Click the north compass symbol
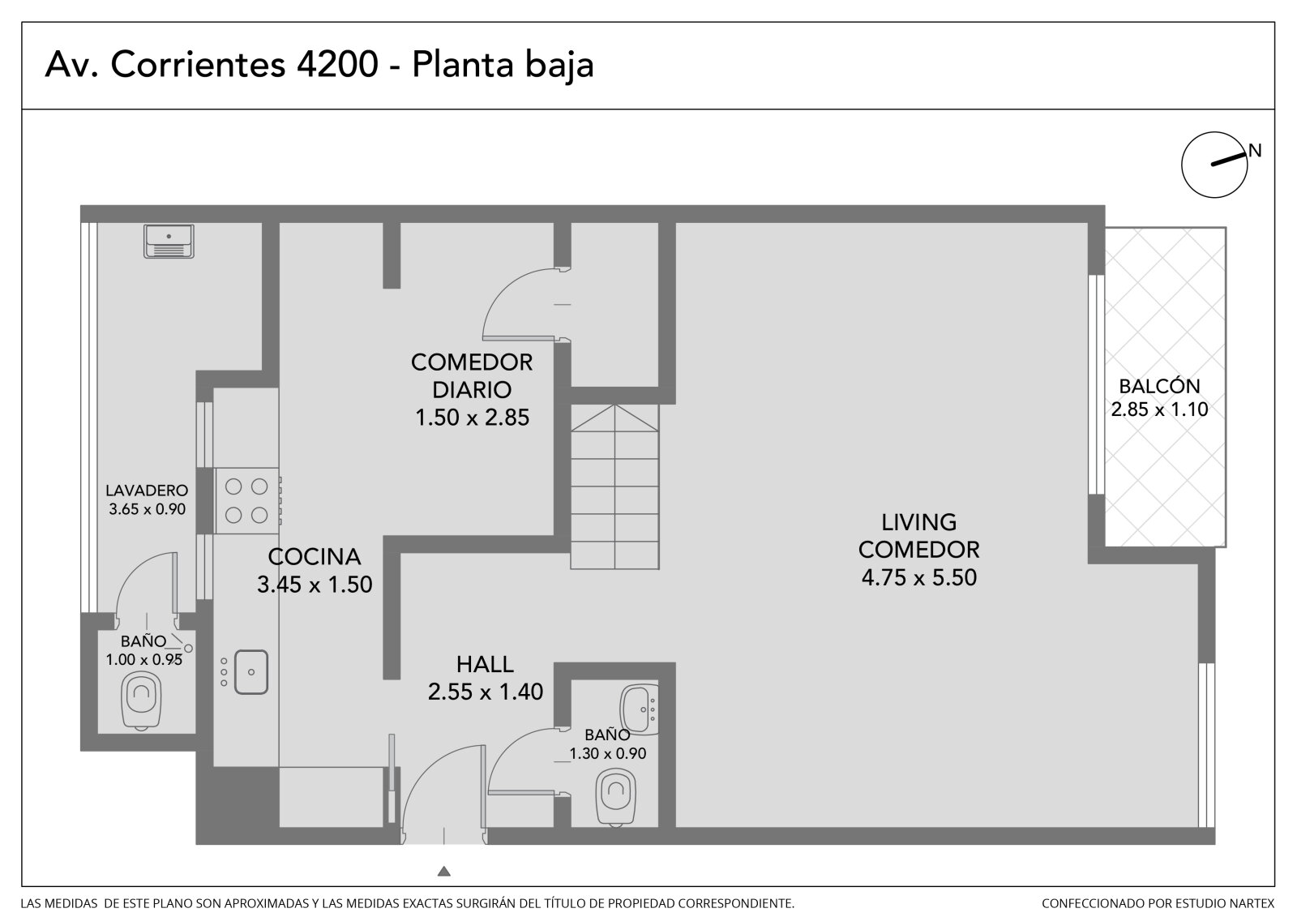coord(1214,165)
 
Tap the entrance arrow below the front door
coord(444,872)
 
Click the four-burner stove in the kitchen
coord(247,500)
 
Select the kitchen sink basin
coord(251,672)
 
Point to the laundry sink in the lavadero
coord(169,241)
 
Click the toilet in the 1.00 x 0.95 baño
coord(141,700)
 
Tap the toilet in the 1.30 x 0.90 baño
coord(616,797)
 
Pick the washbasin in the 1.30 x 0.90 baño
coord(640,709)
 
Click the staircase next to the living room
coord(615,486)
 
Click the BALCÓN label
coord(1159,387)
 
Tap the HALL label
coord(486,664)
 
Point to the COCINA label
coord(315,557)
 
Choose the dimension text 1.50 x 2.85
coord(473,418)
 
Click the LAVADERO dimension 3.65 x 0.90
coord(147,509)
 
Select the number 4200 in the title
coord(337,64)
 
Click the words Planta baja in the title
coord(503,65)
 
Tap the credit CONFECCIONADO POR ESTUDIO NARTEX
coord(1158,903)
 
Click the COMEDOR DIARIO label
coord(472,376)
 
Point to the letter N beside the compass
coord(1255,151)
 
